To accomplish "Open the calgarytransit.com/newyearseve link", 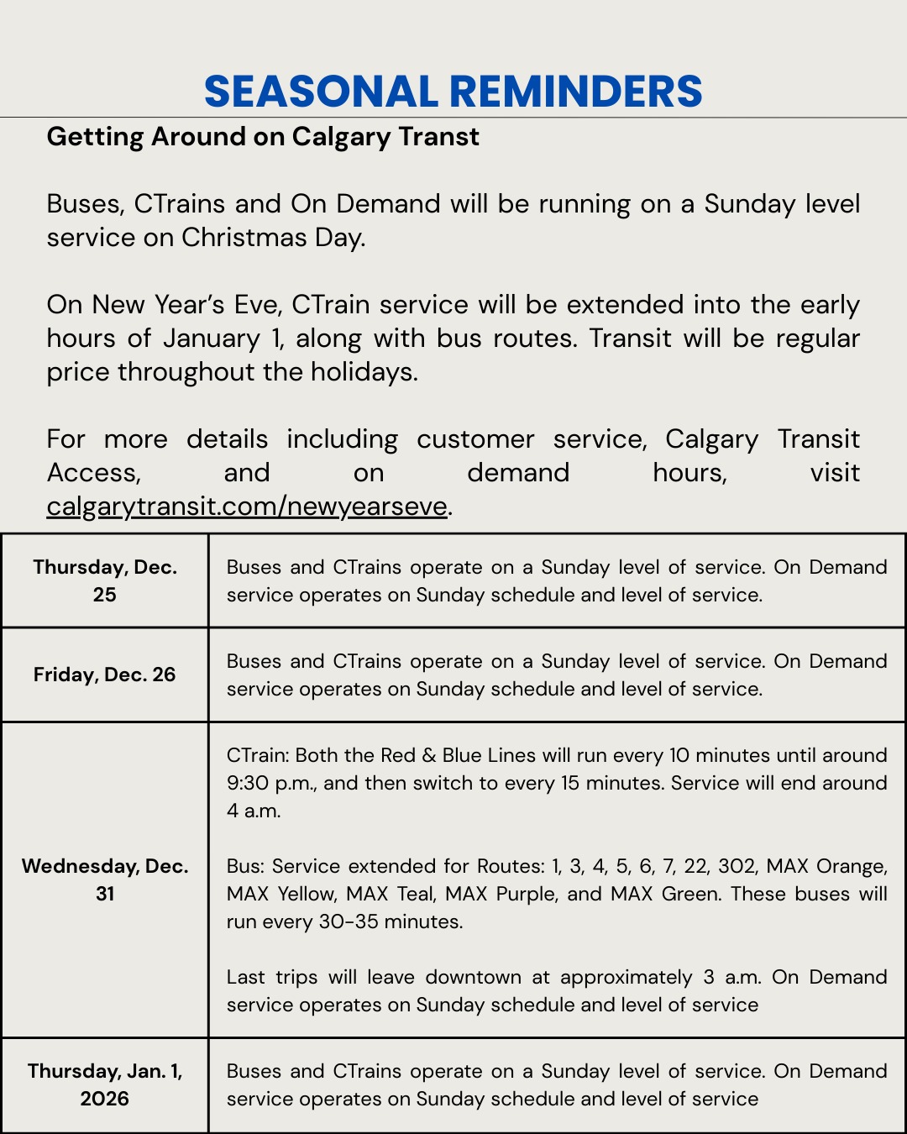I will (x=247, y=507).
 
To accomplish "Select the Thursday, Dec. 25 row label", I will (x=105, y=580).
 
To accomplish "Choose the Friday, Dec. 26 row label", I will (x=105, y=675).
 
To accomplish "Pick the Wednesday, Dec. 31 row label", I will (x=105, y=879).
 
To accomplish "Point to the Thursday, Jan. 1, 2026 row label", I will (x=105, y=1084).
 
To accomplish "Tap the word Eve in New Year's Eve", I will (x=256, y=305).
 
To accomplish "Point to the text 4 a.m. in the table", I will (x=254, y=811).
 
